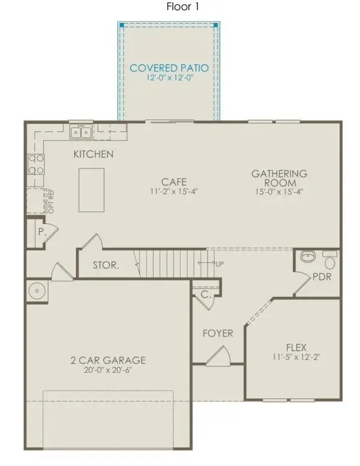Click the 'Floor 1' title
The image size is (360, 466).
[x=183, y=7]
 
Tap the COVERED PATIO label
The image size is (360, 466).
[x=169, y=68]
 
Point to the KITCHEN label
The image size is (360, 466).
[x=93, y=154]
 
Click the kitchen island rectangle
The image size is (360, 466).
[x=91, y=190]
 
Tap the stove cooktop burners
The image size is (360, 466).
[x=35, y=165]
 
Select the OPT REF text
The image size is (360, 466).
[x=50, y=200]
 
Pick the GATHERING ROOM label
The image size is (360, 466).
[x=279, y=178]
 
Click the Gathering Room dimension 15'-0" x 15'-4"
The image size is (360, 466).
[x=279, y=191]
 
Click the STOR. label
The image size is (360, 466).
[x=105, y=265]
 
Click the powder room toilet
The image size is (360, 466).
[x=330, y=261]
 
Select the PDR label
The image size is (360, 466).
[x=321, y=278]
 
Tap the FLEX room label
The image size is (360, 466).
[x=296, y=348]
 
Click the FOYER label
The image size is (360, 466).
[x=218, y=333]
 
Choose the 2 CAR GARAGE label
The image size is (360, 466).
[x=108, y=360]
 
